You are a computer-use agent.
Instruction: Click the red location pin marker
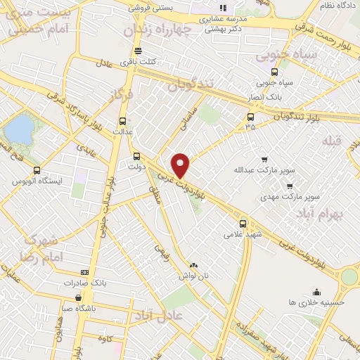(181, 165)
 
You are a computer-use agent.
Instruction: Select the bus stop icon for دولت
(137, 157)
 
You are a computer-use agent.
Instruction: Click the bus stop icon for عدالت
(123, 120)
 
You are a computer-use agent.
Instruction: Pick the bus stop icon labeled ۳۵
(251, 117)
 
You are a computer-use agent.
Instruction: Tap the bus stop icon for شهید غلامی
(243, 223)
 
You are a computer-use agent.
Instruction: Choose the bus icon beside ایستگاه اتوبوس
(37, 169)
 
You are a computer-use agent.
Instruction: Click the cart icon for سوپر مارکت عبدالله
(264, 160)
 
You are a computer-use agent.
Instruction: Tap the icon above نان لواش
(193, 265)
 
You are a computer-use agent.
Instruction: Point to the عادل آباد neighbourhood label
(167, 316)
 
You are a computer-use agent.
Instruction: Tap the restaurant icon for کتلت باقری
(138, 51)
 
